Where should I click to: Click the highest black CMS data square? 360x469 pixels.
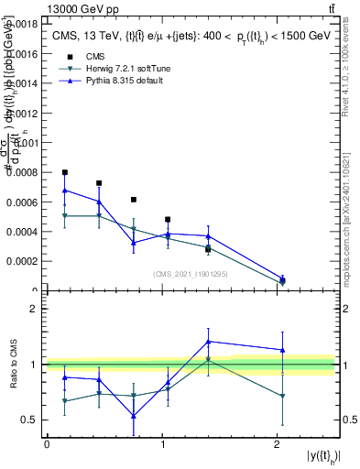65,172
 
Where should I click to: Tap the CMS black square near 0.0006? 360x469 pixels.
134,200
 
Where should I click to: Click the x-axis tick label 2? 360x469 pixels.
277,443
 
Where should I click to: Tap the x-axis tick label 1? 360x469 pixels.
162,443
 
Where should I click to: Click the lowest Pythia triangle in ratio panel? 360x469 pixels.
134,416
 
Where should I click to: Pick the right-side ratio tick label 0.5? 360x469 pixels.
349,420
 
